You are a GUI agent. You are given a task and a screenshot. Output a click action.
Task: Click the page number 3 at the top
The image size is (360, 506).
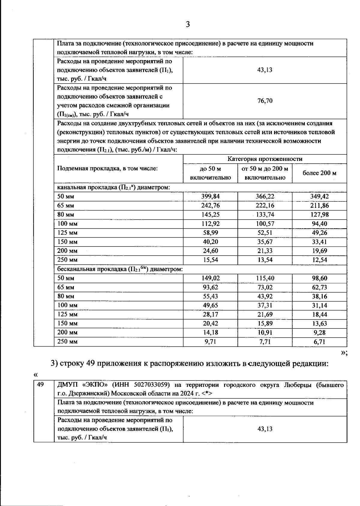click(x=188, y=24)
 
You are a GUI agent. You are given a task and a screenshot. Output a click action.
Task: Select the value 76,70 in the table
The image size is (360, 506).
click(x=265, y=101)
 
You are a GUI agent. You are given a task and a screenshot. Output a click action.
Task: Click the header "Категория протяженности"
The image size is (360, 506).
click(x=265, y=159)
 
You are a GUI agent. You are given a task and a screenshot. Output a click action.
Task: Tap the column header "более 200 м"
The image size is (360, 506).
click(x=319, y=173)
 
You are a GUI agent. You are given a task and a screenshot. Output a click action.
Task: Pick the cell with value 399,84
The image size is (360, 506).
click(x=210, y=196)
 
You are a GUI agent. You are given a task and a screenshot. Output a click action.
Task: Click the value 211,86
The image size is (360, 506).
click(x=319, y=206)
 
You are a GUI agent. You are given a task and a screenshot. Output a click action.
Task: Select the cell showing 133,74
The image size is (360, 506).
click(x=265, y=215)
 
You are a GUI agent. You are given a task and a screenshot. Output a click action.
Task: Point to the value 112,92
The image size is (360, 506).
click(x=210, y=224)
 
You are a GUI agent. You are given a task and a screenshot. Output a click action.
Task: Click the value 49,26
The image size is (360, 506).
click(x=319, y=233)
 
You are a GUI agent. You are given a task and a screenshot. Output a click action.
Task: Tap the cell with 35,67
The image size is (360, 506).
click(x=265, y=242)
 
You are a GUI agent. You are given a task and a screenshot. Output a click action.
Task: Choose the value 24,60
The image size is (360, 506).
click(x=210, y=251)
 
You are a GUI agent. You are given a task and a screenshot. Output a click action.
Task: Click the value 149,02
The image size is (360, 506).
click(x=210, y=278)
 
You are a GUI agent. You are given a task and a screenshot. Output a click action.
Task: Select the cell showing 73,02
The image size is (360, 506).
click(x=265, y=287)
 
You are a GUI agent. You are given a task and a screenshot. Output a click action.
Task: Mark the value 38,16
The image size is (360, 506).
click(x=319, y=296)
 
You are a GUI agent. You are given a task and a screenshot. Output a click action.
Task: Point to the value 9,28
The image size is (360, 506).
click(x=319, y=332)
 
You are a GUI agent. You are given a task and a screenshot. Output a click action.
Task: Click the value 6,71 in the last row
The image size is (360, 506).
click(x=319, y=341)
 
